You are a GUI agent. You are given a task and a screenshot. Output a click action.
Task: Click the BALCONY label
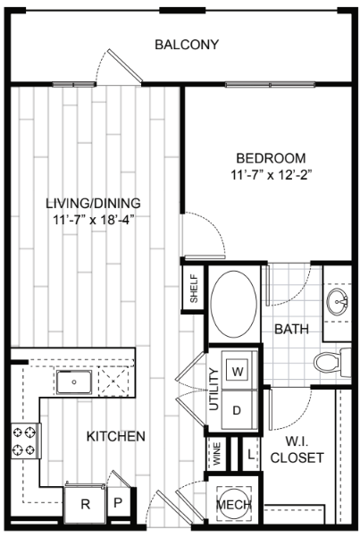[187, 45]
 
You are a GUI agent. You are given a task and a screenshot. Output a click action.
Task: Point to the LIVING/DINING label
[93, 202]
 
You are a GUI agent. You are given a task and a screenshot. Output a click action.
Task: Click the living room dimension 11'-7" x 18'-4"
[93, 218]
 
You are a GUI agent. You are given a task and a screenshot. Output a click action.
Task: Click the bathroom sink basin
[338, 300]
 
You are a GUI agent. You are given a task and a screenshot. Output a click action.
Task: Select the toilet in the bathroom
[328, 362]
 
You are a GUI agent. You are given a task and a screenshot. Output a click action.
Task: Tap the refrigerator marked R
[86, 504]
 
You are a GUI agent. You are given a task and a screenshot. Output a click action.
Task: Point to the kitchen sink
[73, 382]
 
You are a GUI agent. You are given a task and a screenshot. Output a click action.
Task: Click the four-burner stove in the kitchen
[24, 440]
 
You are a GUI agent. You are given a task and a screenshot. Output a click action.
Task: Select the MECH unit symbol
[235, 506]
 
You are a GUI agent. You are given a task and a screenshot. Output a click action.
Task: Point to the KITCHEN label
[115, 437]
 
